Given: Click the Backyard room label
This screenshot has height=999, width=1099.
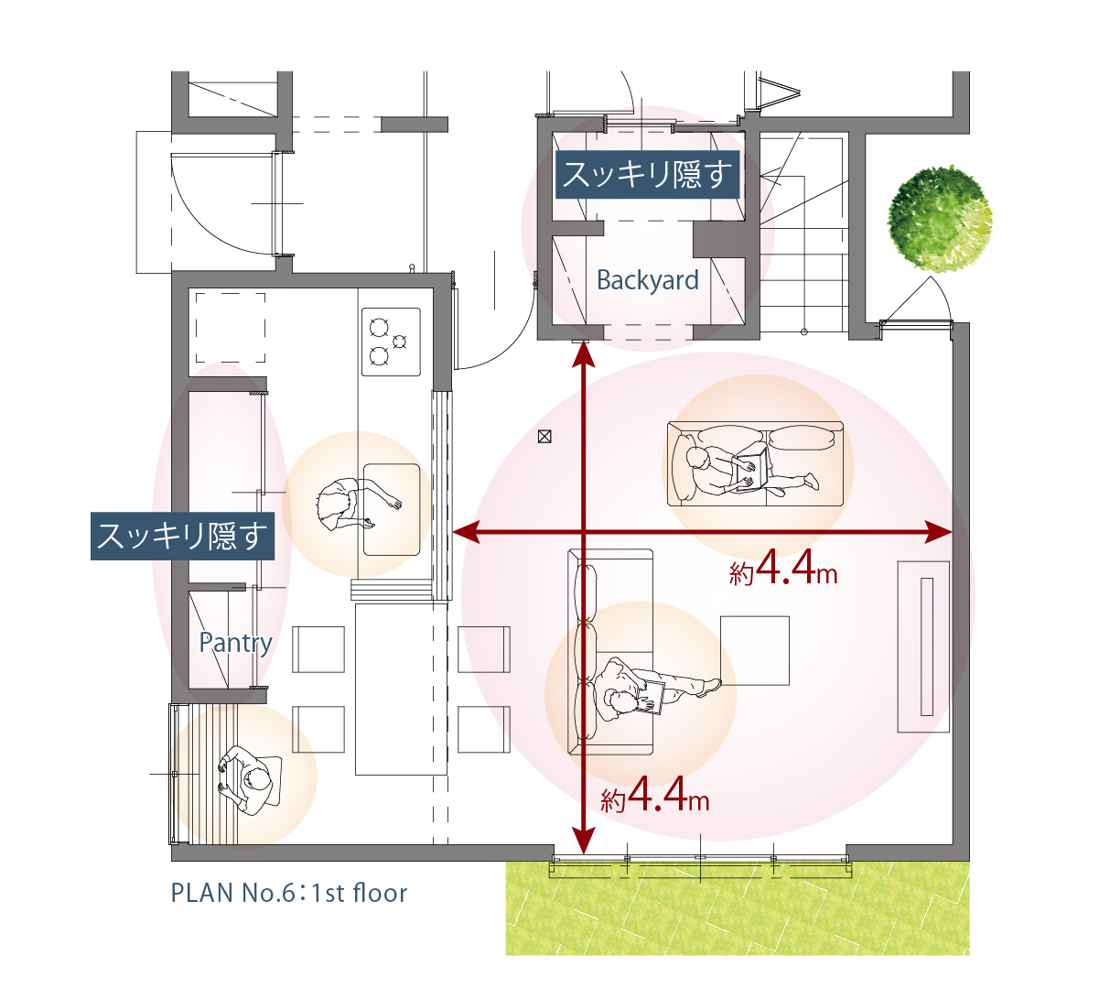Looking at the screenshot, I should (x=647, y=280).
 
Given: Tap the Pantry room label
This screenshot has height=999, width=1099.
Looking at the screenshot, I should (x=235, y=643).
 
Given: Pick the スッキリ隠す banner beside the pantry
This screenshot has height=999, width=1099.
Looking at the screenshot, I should (x=181, y=536).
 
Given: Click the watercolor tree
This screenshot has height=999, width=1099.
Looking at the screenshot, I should (x=941, y=216).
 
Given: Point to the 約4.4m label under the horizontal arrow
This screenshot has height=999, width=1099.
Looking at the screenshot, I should (x=783, y=572).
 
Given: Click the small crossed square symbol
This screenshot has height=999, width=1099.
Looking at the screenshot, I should (x=544, y=437).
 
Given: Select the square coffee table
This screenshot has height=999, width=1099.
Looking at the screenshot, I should (x=755, y=650).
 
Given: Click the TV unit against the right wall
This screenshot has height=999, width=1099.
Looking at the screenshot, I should (x=925, y=646).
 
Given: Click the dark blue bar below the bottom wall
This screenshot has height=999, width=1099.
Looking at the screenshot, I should (x=335, y=896).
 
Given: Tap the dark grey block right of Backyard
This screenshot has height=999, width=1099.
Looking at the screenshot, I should (x=721, y=240).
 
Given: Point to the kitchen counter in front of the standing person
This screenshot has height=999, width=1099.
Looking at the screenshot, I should (x=392, y=508).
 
